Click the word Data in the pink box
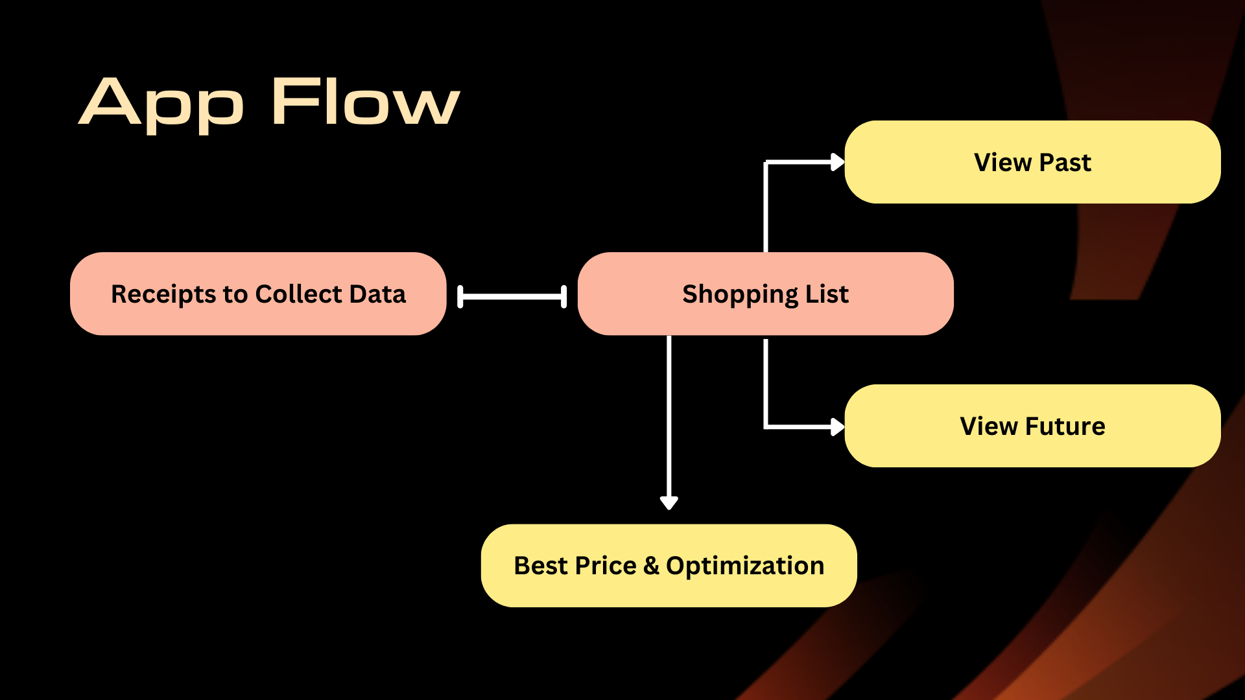point(377,294)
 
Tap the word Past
point(1065,162)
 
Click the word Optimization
point(745,566)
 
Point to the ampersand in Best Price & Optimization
point(651,566)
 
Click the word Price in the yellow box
point(606,566)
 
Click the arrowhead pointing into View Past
point(837,162)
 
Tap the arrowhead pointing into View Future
point(837,426)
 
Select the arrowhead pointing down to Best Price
point(669,502)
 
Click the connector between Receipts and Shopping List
point(512,296)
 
